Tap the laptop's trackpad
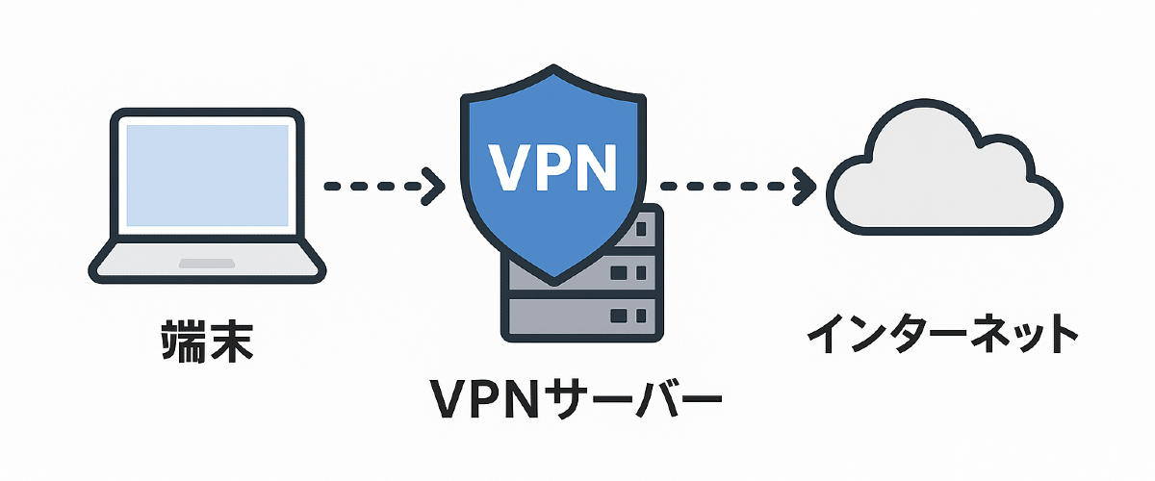pos(204,263)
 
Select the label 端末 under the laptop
pos(205,341)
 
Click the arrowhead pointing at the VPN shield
pos(432,186)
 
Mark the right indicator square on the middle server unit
pos(638,272)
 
